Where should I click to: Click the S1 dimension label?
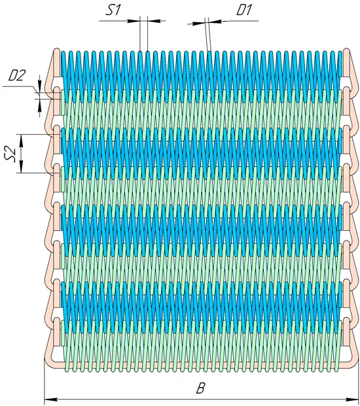[x=113, y=11]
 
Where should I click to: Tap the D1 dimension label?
[x=243, y=11]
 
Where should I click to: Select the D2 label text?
[x=17, y=76]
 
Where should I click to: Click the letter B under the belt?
[x=200, y=388]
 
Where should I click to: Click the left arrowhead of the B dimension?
[x=50, y=399]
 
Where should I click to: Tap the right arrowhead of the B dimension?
[x=351, y=399]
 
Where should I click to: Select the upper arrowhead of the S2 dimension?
[x=21, y=141]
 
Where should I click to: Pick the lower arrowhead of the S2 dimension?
[x=21, y=167]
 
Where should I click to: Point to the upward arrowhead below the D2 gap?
[x=39, y=105]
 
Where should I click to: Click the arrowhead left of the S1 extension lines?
[x=134, y=21]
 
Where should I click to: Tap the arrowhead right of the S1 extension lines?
[x=154, y=21]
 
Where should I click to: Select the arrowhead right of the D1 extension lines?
[x=215, y=21]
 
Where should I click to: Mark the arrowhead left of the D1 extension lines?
[x=198, y=24]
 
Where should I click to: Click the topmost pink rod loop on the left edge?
[x=53, y=70]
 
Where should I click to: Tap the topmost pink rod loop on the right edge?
[x=349, y=70]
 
